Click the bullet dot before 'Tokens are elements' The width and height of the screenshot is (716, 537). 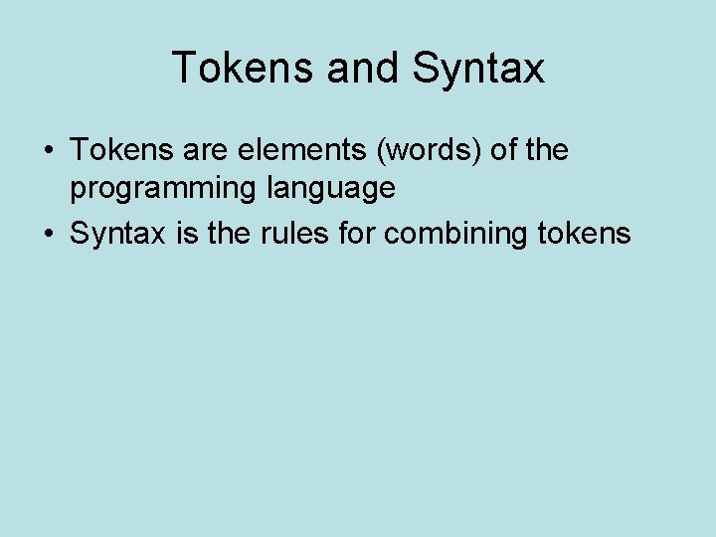(x=48, y=151)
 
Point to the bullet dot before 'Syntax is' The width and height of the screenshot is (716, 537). (x=48, y=235)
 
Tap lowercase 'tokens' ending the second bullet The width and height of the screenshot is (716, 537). (x=588, y=234)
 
